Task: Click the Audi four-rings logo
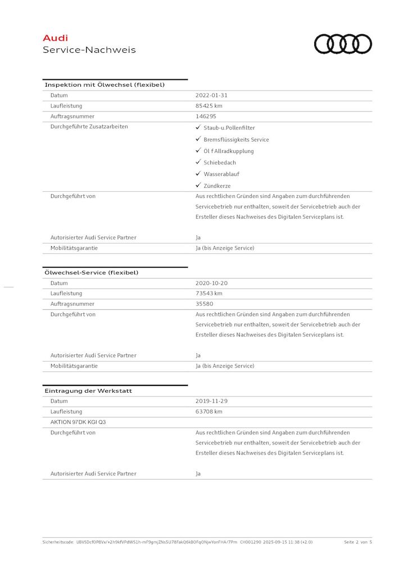pos(343,44)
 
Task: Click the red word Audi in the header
pos(55,38)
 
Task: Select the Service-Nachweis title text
pos(89,50)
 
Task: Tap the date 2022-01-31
pos(211,96)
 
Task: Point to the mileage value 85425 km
pos(209,106)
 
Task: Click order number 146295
pos(206,116)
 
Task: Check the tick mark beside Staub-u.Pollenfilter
pos(198,128)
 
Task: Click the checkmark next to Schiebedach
pos(198,162)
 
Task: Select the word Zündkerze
pos(217,186)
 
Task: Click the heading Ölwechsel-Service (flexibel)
pos(91,273)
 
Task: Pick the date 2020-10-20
pos(211,283)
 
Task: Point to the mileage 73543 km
pos(209,294)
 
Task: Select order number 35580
pos(205,304)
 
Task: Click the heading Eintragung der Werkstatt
pos(88,391)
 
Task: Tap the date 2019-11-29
pos(211,402)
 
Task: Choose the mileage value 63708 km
pos(209,412)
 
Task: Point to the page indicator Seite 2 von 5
pos(358,542)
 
